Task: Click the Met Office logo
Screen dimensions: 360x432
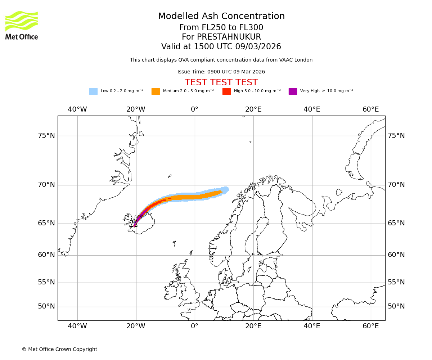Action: click(x=22, y=25)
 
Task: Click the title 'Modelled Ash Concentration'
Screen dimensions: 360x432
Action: click(x=221, y=16)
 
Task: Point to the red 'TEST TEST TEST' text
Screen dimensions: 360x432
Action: click(x=221, y=82)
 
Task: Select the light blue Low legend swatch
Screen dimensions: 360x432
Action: click(x=93, y=91)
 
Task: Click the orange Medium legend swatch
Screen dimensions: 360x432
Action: click(x=156, y=91)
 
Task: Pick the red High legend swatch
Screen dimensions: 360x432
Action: click(x=226, y=91)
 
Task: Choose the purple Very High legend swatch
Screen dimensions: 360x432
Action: click(x=293, y=91)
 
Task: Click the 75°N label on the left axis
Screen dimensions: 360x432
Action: click(x=46, y=136)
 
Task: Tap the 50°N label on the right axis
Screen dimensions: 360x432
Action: click(x=396, y=306)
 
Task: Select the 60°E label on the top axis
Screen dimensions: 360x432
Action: click(x=371, y=109)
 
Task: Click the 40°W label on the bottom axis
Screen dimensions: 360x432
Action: click(x=77, y=326)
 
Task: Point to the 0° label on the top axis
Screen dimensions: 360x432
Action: click(x=194, y=109)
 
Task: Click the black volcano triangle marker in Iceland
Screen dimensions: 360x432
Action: click(x=135, y=224)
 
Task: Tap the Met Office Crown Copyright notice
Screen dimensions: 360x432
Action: click(x=59, y=349)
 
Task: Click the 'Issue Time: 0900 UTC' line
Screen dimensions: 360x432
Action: click(x=221, y=72)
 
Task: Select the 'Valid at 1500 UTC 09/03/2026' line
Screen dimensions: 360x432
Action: click(x=221, y=47)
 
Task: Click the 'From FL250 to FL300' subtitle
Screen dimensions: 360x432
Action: click(x=221, y=28)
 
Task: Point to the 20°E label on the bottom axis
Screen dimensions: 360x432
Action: click(x=253, y=326)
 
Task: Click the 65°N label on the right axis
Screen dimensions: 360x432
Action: click(x=396, y=223)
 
